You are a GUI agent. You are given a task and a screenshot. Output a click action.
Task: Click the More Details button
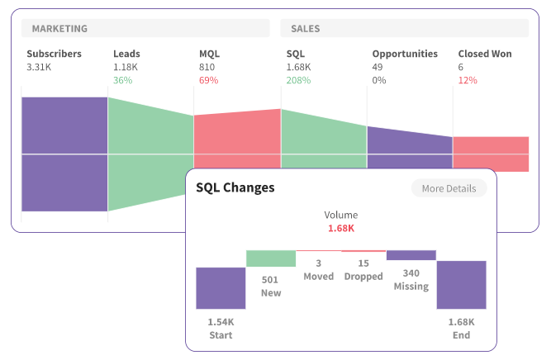(449, 188)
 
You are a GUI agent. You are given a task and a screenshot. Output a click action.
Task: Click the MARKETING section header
(59, 29)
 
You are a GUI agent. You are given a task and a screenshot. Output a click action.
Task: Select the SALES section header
(305, 29)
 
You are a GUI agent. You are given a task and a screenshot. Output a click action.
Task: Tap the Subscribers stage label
(54, 54)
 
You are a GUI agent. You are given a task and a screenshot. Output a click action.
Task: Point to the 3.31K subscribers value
(39, 67)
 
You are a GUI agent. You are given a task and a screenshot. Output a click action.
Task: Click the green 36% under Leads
(122, 80)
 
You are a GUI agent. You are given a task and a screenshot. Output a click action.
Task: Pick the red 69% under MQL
(208, 80)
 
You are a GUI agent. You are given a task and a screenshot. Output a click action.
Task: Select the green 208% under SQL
(298, 80)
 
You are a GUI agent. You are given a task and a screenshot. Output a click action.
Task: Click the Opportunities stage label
(405, 54)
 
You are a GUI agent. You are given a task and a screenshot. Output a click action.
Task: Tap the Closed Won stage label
(485, 54)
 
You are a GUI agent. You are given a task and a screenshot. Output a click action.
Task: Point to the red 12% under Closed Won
(468, 80)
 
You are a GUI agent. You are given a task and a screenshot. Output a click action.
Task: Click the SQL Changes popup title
(235, 187)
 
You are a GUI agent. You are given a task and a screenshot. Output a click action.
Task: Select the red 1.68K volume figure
(341, 228)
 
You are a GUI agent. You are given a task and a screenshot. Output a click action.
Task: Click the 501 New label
(270, 286)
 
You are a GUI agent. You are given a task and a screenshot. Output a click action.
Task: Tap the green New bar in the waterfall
(270, 258)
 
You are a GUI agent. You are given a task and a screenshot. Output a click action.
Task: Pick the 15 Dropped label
(363, 269)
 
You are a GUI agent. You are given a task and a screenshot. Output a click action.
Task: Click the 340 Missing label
(411, 279)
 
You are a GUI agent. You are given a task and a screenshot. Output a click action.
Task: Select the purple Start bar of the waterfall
(221, 287)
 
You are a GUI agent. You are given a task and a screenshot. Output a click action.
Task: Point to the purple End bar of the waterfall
(461, 285)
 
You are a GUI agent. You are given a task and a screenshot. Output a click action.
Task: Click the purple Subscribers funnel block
(64, 154)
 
